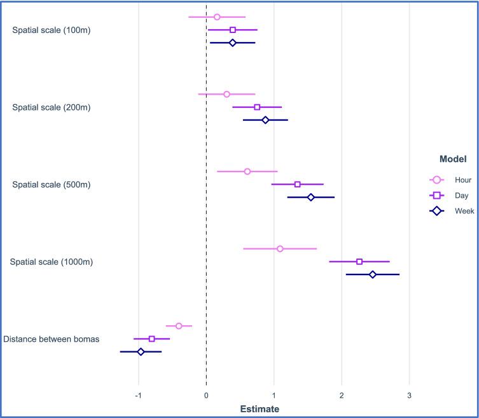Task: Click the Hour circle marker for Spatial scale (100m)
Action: pyautogui.click(x=217, y=17)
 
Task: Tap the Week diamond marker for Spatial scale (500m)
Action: pyautogui.click(x=311, y=198)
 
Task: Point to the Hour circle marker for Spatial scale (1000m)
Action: pyautogui.click(x=280, y=248)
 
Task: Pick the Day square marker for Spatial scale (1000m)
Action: pyautogui.click(x=359, y=262)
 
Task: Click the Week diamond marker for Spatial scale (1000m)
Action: pyautogui.click(x=373, y=274)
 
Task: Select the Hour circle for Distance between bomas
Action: pyautogui.click(x=179, y=326)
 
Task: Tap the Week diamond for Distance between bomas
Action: pyautogui.click(x=141, y=352)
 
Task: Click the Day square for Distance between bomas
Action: pyautogui.click(x=151, y=339)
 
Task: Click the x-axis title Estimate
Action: pyautogui.click(x=259, y=409)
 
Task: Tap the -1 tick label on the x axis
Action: pyautogui.click(x=138, y=396)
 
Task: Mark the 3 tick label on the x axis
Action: pyautogui.click(x=410, y=396)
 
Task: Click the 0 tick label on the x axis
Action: pyautogui.click(x=206, y=396)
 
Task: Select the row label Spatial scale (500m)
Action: pyautogui.click(x=52, y=185)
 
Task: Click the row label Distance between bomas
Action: pyautogui.click(x=52, y=339)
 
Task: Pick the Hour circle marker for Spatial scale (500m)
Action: pyautogui.click(x=247, y=172)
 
